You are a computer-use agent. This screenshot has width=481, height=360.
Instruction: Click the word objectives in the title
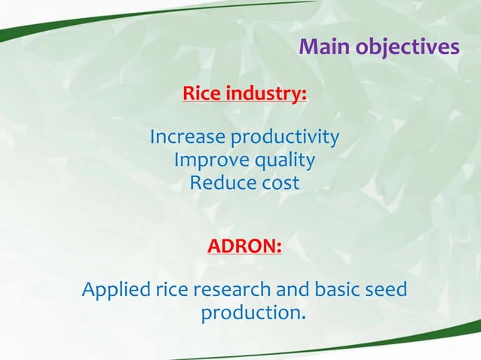tap(408, 47)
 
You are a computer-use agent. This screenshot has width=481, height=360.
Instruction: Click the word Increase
tap(187, 138)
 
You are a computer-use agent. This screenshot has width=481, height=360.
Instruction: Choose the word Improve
tap(204, 160)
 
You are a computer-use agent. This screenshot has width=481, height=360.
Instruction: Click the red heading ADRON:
tap(244, 247)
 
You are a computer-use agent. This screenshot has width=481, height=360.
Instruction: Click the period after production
tap(304, 316)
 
